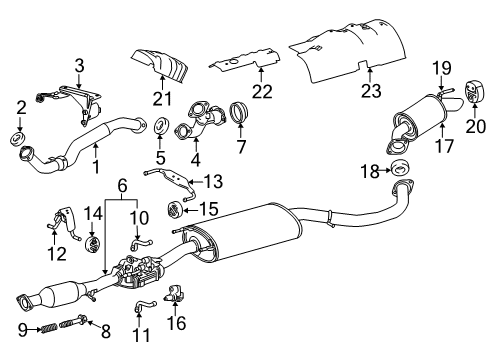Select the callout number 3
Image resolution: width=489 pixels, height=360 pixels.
79,67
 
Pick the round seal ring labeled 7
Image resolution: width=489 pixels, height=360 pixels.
241,109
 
